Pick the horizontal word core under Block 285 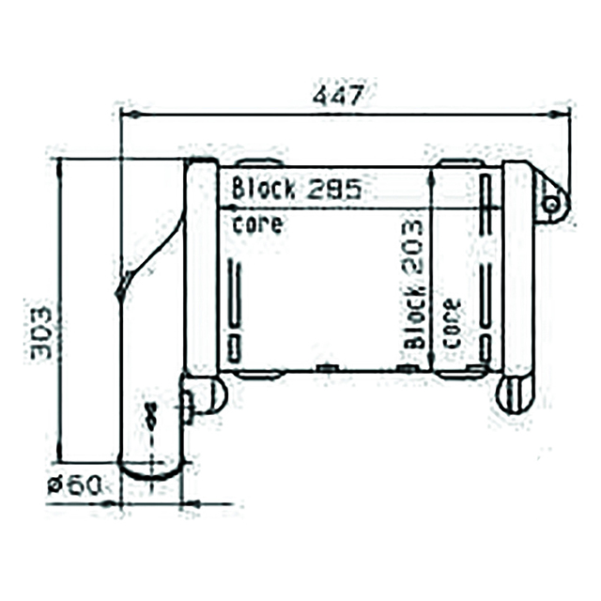pyautogui.click(x=256, y=224)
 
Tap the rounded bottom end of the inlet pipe pyautogui.click(x=151, y=470)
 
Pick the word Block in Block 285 pyautogui.click(x=263, y=188)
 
